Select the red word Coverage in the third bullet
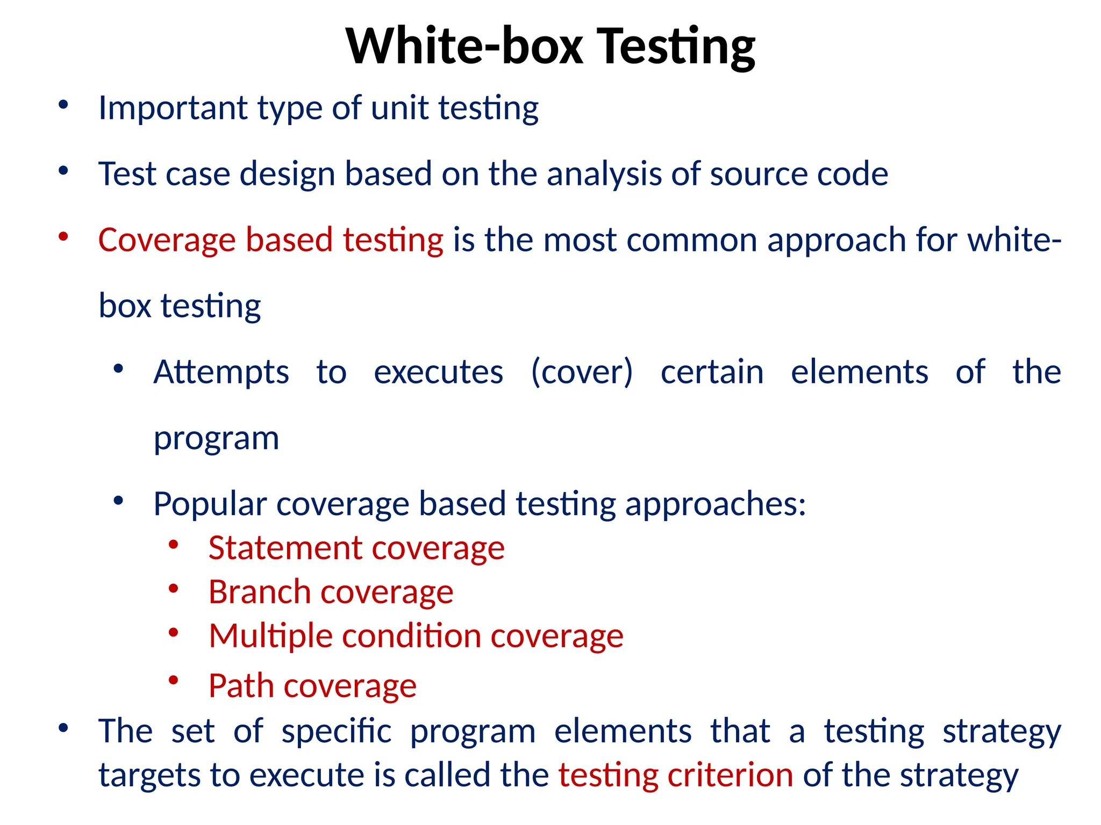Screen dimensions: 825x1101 tap(167, 240)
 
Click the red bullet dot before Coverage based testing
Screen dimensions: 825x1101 tap(63, 236)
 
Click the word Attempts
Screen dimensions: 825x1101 tap(221, 372)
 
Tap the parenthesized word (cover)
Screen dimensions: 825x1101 tap(582, 372)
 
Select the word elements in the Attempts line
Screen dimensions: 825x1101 tap(859, 372)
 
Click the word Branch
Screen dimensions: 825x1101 tap(259, 592)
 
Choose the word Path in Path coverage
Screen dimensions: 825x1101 tap(241, 686)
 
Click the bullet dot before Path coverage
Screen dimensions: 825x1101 tap(173, 681)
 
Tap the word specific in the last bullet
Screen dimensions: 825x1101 tap(337, 732)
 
